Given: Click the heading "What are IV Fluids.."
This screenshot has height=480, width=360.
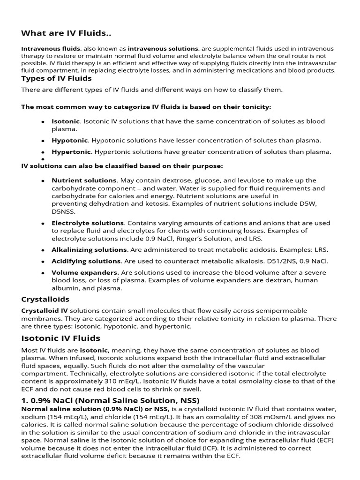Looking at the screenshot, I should (66, 33).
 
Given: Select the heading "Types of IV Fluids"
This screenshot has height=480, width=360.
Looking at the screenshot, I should (56, 78).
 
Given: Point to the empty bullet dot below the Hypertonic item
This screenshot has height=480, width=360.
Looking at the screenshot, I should (42, 159).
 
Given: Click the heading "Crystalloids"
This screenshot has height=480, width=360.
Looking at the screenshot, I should (45, 299).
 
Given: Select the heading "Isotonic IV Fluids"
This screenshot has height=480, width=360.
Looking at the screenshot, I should (60, 338).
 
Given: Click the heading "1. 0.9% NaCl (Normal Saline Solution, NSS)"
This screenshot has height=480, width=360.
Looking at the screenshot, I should (110, 400).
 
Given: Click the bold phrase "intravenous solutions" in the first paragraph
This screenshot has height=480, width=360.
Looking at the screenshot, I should (163, 48).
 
